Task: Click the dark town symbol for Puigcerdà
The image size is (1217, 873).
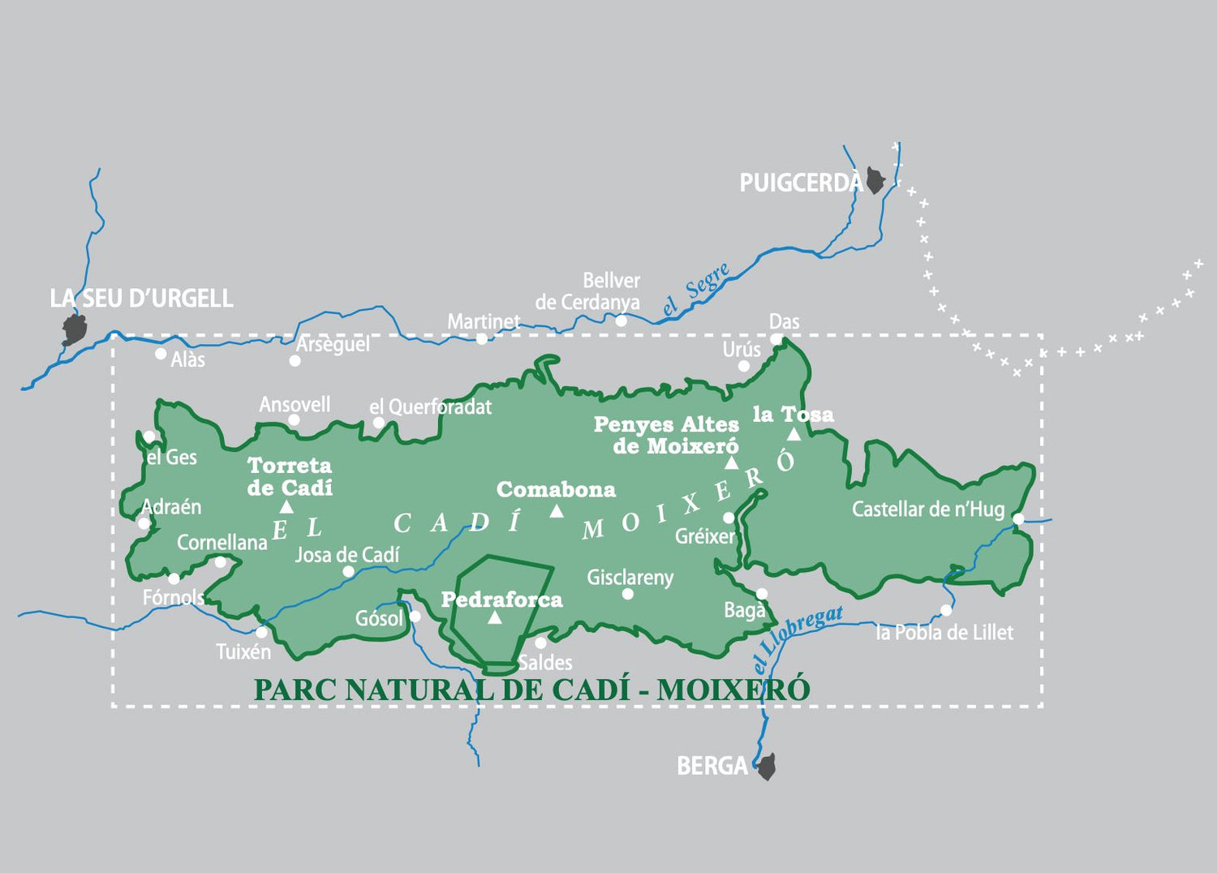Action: [875, 180]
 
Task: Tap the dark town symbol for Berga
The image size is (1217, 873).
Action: [767, 767]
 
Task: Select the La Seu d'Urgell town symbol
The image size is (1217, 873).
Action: [75, 329]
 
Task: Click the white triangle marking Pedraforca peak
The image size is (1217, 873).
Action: [495, 617]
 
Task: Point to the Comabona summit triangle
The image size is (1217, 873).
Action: [557, 510]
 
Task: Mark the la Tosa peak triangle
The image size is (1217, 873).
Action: [793, 435]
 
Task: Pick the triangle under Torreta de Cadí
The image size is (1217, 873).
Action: [286, 507]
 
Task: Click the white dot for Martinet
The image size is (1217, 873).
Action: [482, 338]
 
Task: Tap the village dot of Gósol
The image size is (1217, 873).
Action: [415, 617]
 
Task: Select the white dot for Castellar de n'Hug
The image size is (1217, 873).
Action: [1018, 518]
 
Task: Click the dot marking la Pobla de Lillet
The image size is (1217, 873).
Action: [946, 610]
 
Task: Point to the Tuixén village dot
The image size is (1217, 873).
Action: [261, 632]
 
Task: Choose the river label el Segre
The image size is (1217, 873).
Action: [696, 290]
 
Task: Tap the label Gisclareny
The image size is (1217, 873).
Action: [630, 578]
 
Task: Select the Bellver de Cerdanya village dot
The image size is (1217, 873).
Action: [621, 320]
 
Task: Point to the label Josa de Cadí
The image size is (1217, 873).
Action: [347, 555]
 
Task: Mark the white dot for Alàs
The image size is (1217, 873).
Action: [161, 354]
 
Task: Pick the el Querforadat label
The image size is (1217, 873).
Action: [431, 406]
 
